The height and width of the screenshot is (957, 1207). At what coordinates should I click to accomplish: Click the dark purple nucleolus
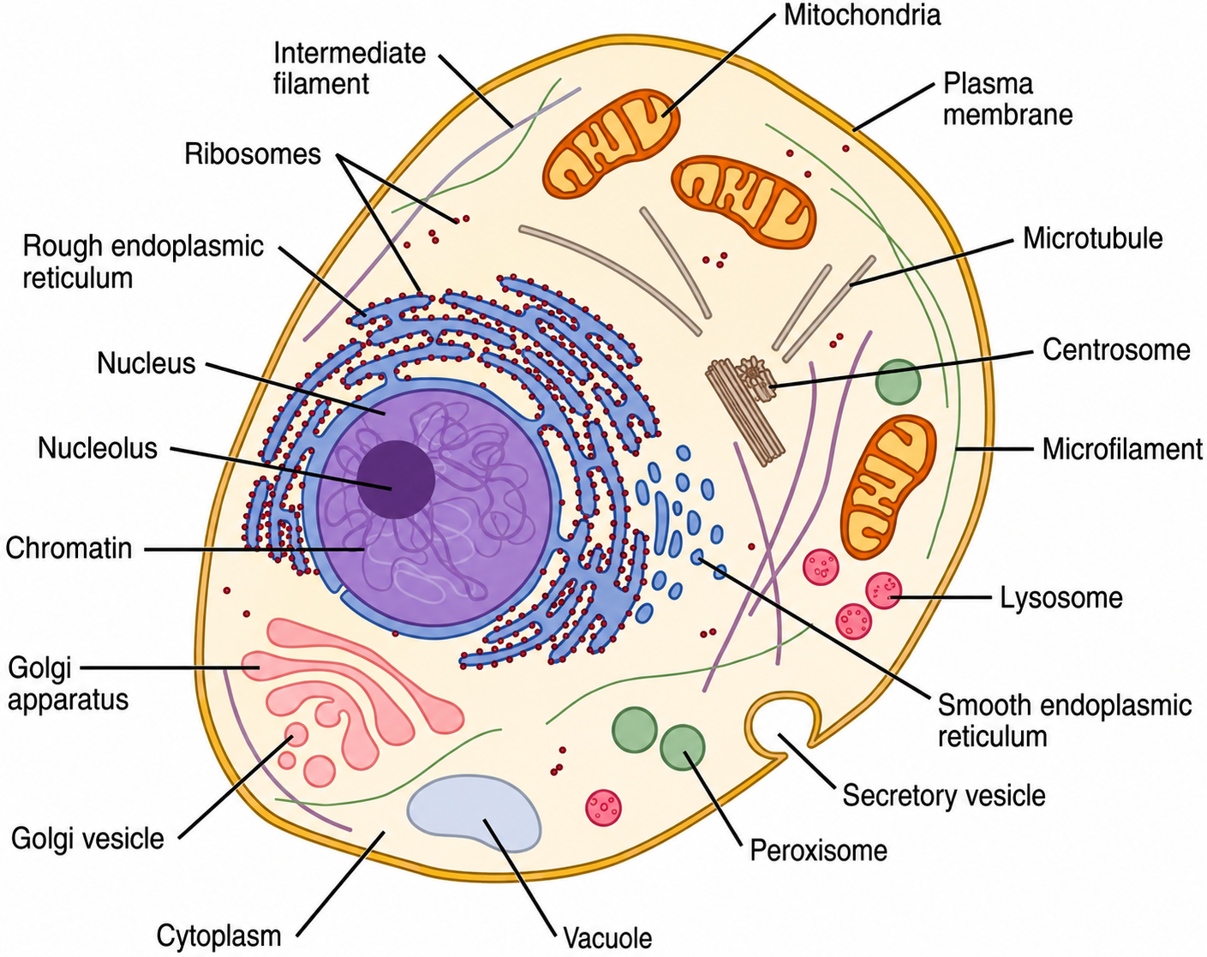point(396,479)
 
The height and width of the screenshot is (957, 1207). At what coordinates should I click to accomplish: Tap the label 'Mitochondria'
point(862,15)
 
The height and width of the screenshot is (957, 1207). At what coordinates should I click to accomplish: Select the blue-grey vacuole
point(474,813)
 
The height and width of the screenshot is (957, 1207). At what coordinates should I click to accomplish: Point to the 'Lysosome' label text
point(1061,597)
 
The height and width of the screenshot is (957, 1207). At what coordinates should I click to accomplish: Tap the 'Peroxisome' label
point(819,851)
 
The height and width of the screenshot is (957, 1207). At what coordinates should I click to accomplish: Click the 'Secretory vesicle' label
point(944,795)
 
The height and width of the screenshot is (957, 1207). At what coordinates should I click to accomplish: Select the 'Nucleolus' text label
point(98,448)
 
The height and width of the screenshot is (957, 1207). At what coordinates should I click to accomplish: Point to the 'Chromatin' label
point(69,548)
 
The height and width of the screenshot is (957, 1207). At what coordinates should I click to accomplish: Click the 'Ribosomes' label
point(253,153)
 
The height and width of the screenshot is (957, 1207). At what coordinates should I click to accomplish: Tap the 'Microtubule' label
point(1093,238)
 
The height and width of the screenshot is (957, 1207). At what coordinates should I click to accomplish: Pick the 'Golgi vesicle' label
point(87,839)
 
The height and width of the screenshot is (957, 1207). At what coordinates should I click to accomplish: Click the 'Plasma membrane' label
point(1008,99)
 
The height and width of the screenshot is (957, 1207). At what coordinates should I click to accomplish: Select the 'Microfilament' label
point(1122,449)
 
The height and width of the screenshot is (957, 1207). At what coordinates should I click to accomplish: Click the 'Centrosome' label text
point(1116,350)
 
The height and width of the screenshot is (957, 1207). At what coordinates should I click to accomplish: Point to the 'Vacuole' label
point(607,938)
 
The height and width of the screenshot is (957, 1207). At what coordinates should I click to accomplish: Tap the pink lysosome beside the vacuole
point(603,808)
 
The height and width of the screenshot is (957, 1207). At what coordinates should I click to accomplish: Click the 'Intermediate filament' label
point(350,69)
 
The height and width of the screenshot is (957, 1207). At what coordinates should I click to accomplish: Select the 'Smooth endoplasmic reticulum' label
point(1065,721)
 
